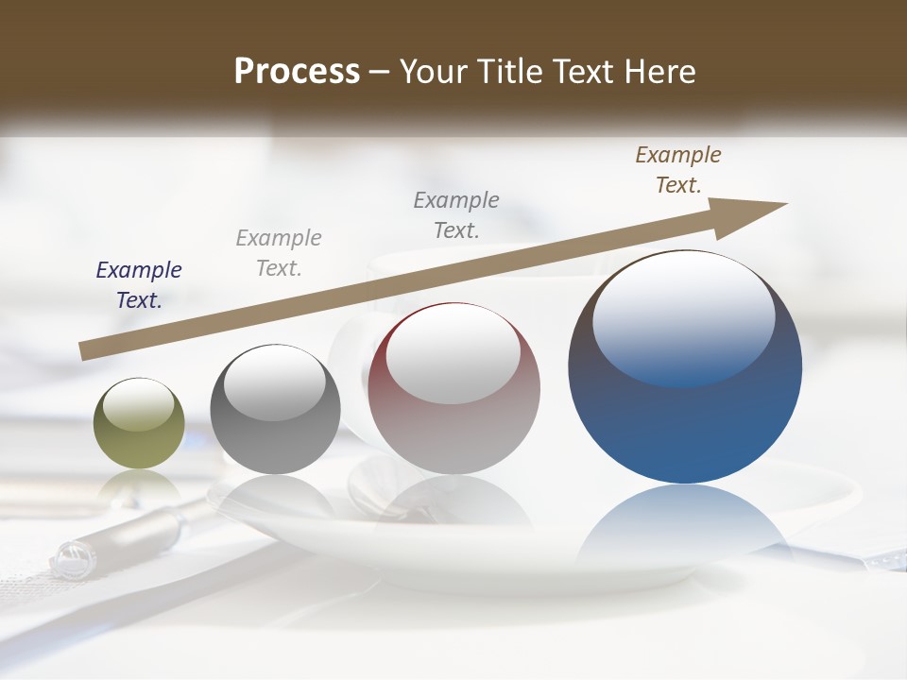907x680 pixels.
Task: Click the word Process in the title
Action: coord(297,72)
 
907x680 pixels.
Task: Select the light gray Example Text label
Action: coord(279,253)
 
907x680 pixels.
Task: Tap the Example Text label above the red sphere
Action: coord(456,214)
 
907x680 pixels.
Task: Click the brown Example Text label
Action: coord(678,170)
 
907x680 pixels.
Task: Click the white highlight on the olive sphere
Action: coord(139,406)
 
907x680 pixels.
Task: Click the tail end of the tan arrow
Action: coord(87,350)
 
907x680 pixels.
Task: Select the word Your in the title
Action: coord(431,72)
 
